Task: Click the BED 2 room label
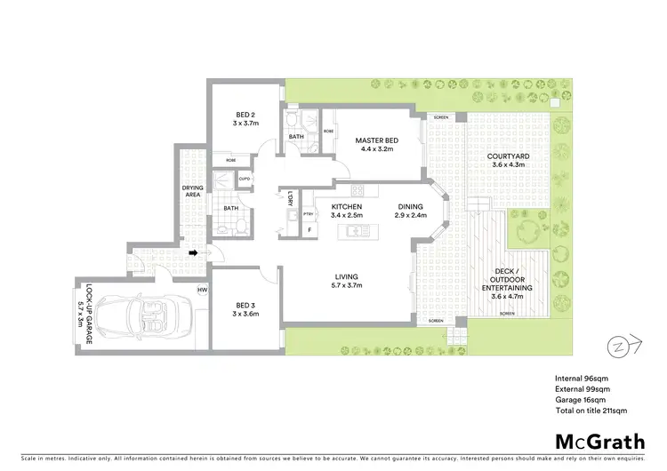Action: point(246,114)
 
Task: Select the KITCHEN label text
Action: point(323,205)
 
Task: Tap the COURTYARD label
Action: point(509,156)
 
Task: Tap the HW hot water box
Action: point(202,290)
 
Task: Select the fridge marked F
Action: point(309,229)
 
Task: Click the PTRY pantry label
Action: point(309,213)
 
